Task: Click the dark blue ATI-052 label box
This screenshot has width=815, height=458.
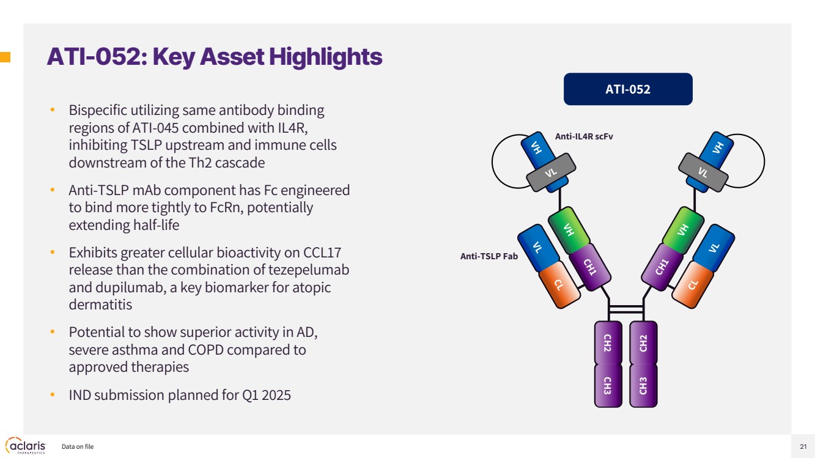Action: click(628, 89)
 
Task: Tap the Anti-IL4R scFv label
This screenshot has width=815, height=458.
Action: click(584, 136)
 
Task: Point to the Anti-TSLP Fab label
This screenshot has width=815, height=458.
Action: click(489, 256)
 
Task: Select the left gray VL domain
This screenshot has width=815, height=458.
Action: click(551, 172)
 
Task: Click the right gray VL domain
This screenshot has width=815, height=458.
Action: click(703, 172)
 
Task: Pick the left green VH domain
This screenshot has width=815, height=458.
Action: click(569, 230)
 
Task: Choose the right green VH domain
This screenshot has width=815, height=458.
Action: click(683, 230)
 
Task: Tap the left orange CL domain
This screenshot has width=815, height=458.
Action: click(559, 284)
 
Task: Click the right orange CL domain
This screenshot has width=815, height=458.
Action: click(692, 284)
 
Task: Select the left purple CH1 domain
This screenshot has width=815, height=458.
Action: click(590, 267)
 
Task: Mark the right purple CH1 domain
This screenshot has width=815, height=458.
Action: click(662, 267)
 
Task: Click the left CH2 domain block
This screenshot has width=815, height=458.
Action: click(608, 343)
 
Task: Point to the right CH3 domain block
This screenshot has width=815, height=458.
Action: click(643, 386)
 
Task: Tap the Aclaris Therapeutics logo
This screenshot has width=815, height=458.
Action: click(26, 446)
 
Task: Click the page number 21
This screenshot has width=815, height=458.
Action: click(803, 446)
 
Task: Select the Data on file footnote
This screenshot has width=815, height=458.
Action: click(78, 446)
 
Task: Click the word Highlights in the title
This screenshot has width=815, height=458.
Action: click(326, 57)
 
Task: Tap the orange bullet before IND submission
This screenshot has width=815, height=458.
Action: click(53, 394)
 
